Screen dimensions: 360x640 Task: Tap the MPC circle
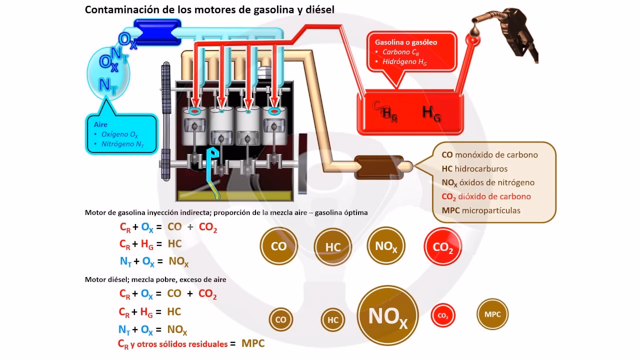coord(492,314)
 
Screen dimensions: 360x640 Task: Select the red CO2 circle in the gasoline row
coord(442,246)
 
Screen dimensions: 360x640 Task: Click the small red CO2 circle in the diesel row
coord(443,316)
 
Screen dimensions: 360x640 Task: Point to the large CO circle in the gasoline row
coord(278,246)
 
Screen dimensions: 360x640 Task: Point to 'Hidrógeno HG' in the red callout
coord(404,62)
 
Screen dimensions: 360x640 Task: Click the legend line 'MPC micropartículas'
coord(481,210)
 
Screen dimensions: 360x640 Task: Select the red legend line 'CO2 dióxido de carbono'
coord(486,196)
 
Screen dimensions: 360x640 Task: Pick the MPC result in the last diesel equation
coord(253,343)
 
